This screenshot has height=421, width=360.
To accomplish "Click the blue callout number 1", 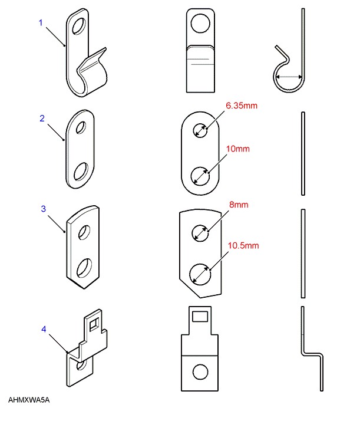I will [x=41, y=22].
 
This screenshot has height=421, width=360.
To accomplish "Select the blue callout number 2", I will [x=42, y=118].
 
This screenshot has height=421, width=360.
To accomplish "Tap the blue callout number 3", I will [x=42, y=209].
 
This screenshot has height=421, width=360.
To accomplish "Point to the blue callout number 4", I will [x=42, y=328].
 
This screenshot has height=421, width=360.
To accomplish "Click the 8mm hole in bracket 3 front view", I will [x=201, y=233].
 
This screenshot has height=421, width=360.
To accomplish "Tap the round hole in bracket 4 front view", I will [x=200, y=371].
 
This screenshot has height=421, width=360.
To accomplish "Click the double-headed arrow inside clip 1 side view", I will [x=290, y=77].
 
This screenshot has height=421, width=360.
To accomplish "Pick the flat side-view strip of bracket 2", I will [x=302, y=153].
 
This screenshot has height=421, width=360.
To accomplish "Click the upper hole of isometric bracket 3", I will [x=85, y=231].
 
